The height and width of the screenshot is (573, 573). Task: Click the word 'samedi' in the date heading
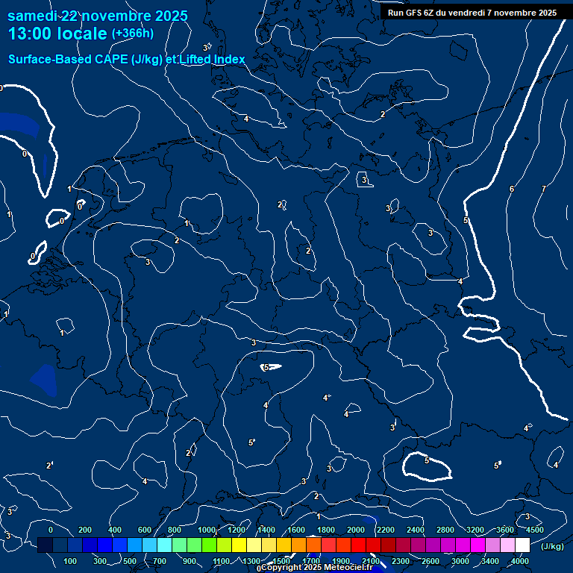[x=33, y=16]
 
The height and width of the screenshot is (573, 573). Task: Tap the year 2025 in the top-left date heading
[x=170, y=16]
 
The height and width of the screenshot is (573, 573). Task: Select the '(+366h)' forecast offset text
[x=133, y=34]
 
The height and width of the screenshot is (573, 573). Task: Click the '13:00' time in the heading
[x=31, y=34]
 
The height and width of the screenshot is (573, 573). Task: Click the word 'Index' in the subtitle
[x=228, y=59]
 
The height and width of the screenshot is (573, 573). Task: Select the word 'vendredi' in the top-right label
[x=466, y=13]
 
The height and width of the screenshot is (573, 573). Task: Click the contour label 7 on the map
[x=543, y=189]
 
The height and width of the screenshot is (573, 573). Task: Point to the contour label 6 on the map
[x=512, y=189]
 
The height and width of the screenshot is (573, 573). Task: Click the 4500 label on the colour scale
[x=534, y=530]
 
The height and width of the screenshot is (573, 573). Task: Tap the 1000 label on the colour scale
[x=207, y=530]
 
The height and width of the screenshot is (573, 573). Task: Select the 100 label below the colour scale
[x=71, y=561]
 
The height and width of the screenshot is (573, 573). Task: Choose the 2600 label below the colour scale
[x=430, y=561]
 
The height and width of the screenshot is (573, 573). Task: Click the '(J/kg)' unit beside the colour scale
[x=552, y=546]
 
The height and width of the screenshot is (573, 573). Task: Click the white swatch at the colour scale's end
[x=522, y=546]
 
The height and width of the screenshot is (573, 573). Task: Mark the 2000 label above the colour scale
[x=356, y=530]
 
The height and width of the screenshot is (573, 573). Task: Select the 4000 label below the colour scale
[x=521, y=561]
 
